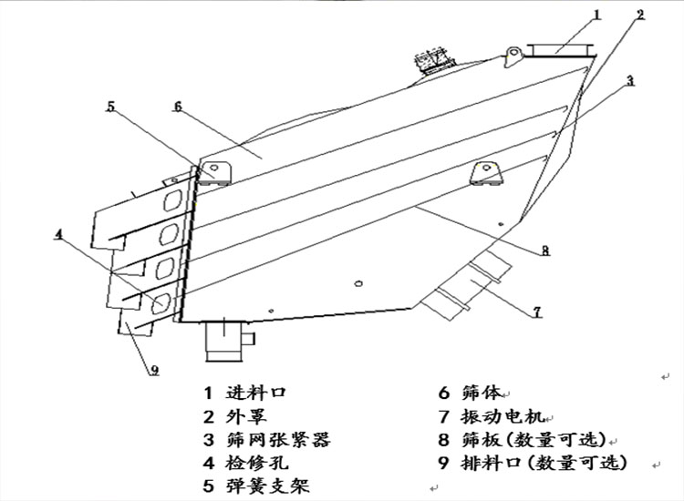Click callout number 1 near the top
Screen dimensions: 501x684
point(597,15)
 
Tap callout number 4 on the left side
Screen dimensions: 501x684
point(58,233)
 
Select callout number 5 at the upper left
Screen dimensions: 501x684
point(110,107)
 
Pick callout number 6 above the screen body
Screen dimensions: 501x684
point(176,107)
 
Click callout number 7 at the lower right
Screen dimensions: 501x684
point(537,312)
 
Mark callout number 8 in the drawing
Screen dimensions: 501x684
point(544,251)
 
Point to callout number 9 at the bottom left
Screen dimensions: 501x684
point(154,370)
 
